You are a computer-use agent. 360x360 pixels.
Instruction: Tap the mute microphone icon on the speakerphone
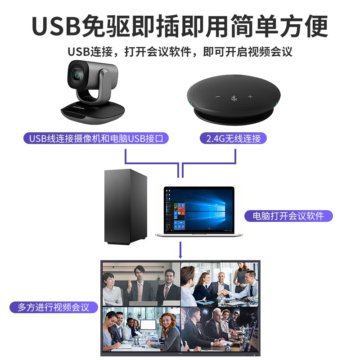point(233,98)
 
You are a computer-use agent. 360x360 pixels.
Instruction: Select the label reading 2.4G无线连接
point(233,138)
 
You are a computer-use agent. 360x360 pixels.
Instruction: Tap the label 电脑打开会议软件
point(288,216)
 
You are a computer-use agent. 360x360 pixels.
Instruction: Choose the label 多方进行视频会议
point(54,308)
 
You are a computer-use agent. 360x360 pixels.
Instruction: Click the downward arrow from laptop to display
point(180,250)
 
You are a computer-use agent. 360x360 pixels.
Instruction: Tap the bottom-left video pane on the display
point(141,328)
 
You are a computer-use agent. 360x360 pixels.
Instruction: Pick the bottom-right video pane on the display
point(220,328)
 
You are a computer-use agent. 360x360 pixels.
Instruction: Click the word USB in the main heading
point(54,26)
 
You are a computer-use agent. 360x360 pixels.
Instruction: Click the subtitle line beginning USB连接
point(180,51)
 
